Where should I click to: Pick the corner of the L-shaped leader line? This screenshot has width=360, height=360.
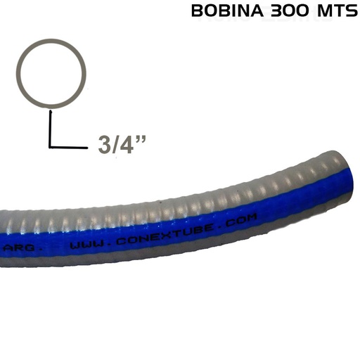[51, 146]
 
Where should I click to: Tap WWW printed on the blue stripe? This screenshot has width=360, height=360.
[84, 245]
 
